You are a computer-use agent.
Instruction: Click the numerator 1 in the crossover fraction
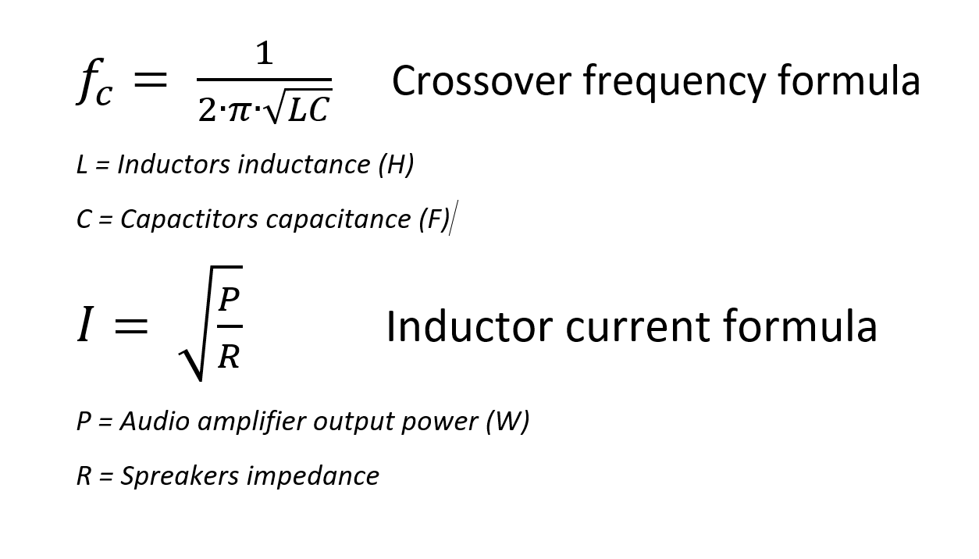click(265, 55)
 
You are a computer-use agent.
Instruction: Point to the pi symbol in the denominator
click(239, 111)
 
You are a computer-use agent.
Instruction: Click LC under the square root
click(309, 112)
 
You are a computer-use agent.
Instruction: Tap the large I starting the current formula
click(86, 326)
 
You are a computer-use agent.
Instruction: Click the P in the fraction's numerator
click(229, 300)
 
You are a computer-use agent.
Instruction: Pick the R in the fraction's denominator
click(229, 356)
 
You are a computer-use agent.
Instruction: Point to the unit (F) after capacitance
click(433, 219)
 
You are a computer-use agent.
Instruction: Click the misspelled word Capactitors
click(190, 219)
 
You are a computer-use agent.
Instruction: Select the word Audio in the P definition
click(155, 422)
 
